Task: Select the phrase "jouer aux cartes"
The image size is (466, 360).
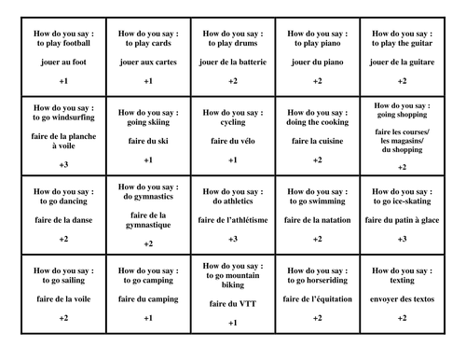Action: (x=148, y=61)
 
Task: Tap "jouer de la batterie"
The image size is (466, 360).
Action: (x=233, y=61)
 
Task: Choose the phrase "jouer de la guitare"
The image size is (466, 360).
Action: (x=402, y=61)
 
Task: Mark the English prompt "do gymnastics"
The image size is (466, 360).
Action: (x=148, y=199)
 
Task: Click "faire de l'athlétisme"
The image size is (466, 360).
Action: (x=233, y=219)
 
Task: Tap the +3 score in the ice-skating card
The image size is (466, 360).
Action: (x=402, y=240)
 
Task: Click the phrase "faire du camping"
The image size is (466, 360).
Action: (x=148, y=298)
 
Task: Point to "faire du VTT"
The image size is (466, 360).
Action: (x=233, y=303)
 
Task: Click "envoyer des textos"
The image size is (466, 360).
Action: (x=402, y=298)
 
